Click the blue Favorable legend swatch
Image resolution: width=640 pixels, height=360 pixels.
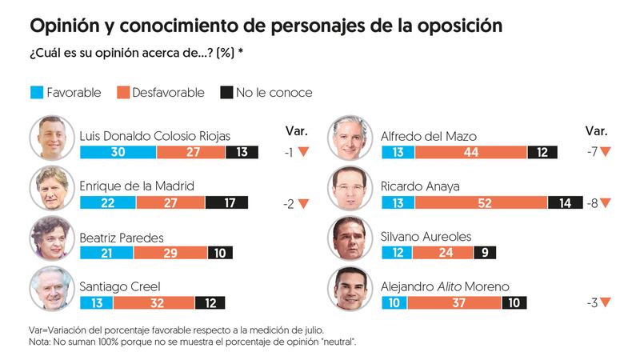click(x=35, y=92)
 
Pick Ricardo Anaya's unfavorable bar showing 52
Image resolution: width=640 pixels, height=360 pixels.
click(x=480, y=202)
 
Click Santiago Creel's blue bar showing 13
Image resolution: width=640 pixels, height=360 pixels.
click(x=96, y=302)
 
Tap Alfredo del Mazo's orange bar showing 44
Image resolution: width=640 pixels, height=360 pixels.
click(x=470, y=153)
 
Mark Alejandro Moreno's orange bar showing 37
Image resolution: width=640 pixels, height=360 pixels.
click(x=454, y=302)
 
